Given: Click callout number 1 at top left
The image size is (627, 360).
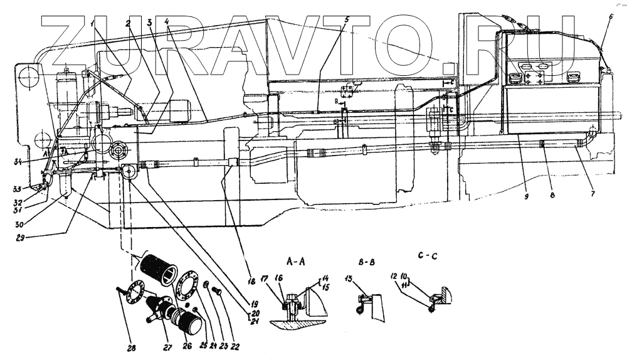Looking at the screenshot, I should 92,23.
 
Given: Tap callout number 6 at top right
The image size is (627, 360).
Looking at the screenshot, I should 611,17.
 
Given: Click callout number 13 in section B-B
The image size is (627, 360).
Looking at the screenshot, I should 349,278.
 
